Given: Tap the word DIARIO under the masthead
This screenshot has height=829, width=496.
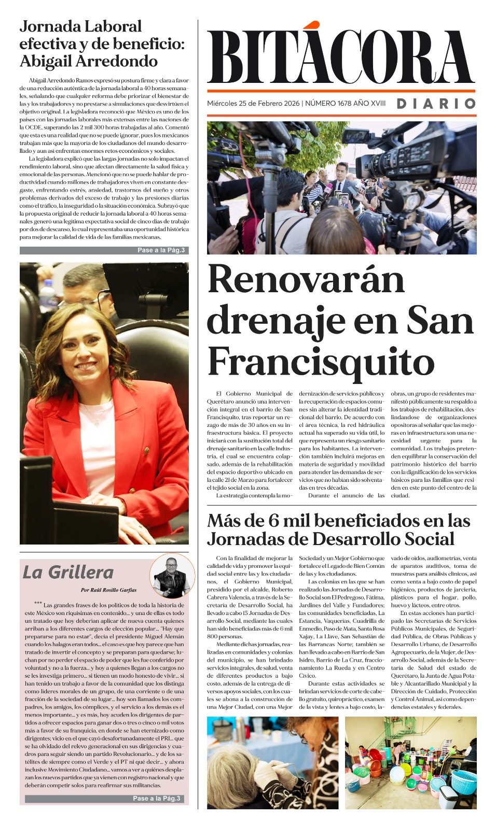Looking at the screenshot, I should click(x=436, y=104).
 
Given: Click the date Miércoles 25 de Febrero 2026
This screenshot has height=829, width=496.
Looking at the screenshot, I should click(x=253, y=104).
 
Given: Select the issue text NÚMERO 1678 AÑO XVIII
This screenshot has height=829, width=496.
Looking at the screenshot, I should click(x=345, y=104).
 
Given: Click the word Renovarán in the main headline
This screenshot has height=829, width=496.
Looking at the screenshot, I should click(x=306, y=280).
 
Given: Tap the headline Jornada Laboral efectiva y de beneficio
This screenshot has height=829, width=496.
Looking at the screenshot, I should click(x=102, y=44).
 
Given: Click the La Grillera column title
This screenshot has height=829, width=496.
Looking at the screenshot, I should click(x=68, y=573).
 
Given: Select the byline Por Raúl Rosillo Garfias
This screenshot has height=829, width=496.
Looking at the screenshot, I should click(x=108, y=590).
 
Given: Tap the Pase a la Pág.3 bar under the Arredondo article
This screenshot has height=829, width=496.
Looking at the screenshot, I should click(x=104, y=250).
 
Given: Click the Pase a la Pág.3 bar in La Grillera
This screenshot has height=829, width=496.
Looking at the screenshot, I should click(x=104, y=798).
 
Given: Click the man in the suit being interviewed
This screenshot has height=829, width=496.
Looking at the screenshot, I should click(x=340, y=179).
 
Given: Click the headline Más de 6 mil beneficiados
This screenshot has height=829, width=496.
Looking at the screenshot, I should click(x=338, y=530).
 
